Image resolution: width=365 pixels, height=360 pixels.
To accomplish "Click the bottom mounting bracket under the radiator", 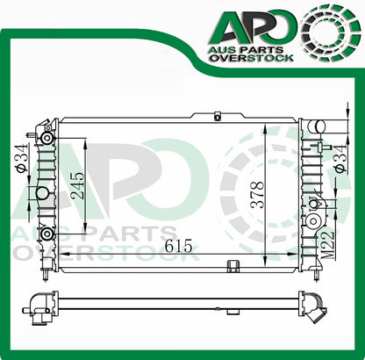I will [x=233, y=267].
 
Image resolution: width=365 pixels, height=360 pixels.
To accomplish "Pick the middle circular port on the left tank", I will [x=41, y=192].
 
